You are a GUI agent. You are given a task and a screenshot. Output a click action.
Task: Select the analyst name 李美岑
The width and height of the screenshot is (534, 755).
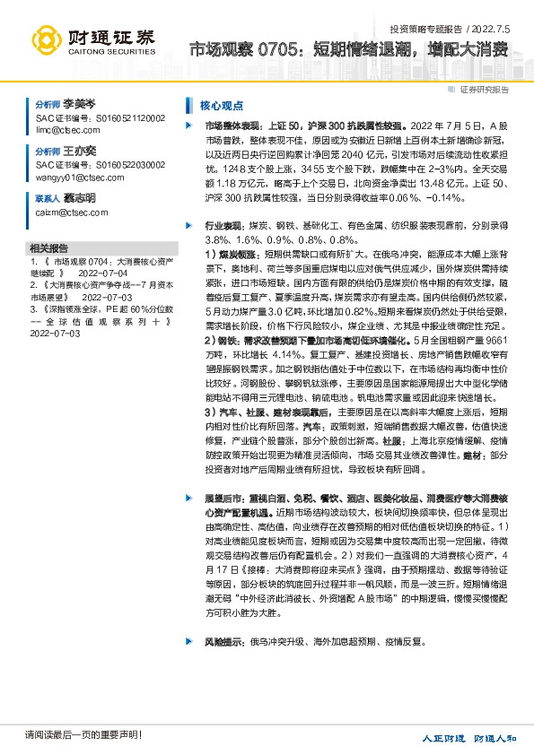tap(78, 105)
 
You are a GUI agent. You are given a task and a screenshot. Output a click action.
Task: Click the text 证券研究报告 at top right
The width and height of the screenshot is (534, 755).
tap(484, 89)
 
